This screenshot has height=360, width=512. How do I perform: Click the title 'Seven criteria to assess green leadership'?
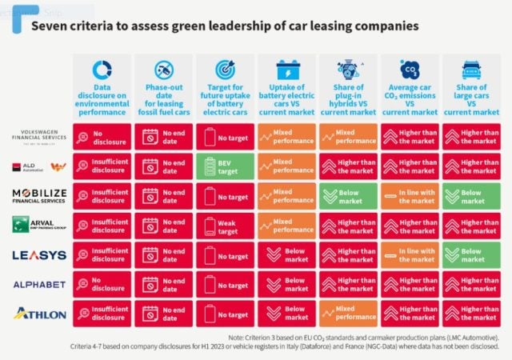[224, 26]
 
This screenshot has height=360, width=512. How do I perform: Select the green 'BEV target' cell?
[226, 167]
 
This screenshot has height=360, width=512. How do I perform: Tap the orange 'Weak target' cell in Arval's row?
[226, 226]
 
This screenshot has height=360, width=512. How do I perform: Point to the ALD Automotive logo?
[38, 167]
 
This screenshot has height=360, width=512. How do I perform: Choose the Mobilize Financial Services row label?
[38, 197]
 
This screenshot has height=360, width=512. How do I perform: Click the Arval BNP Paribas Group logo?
[38, 226]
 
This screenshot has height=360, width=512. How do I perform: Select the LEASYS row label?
[38, 256]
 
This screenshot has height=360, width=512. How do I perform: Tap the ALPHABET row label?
[38, 285]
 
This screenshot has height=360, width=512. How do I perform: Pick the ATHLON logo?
[38, 314]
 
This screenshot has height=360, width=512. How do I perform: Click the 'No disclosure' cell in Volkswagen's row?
[102, 138]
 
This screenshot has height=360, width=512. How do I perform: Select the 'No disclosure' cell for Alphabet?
[102, 285]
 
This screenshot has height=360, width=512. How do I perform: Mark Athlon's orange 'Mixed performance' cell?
[349, 314]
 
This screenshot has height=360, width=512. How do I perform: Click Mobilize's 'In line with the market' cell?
[410, 197]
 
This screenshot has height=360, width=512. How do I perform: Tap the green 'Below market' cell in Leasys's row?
[470, 256]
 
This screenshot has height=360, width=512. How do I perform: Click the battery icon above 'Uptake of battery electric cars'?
[286, 70]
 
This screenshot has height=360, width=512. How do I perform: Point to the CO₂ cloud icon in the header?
[410, 70]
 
